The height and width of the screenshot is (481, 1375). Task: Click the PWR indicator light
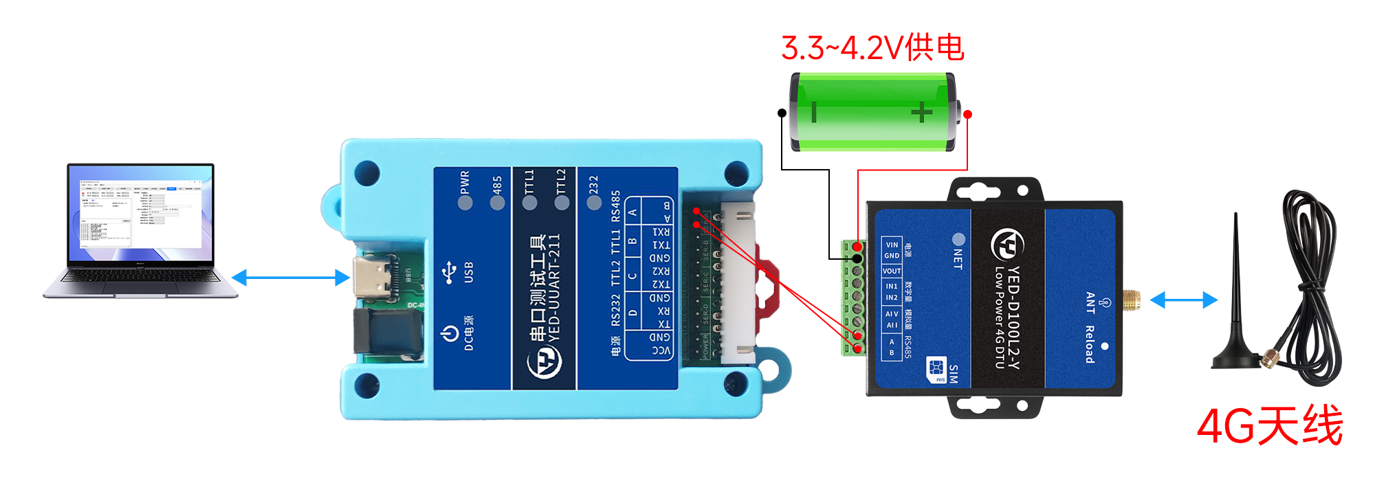click(x=465, y=203)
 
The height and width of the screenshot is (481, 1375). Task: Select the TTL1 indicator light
click(x=530, y=203)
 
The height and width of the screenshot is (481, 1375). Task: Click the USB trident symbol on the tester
click(x=450, y=271)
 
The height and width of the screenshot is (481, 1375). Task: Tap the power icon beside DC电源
click(x=450, y=334)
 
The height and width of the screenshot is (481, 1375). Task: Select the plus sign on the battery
click(x=921, y=112)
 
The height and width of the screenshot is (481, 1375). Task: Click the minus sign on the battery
click(x=814, y=112)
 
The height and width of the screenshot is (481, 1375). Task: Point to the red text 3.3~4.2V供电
click(x=872, y=48)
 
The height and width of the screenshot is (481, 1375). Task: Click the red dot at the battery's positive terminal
click(x=967, y=114)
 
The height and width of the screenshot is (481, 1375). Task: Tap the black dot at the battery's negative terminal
click(x=782, y=113)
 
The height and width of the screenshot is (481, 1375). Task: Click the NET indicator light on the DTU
click(x=958, y=239)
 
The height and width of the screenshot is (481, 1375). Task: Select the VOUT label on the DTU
click(x=892, y=271)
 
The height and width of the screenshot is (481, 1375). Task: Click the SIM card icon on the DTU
click(x=936, y=370)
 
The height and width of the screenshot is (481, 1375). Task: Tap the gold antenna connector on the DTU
click(x=1131, y=300)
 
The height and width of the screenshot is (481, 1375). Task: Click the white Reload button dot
click(x=1104, y=346)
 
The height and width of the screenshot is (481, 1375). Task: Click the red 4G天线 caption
click(x=1269, y=426)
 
